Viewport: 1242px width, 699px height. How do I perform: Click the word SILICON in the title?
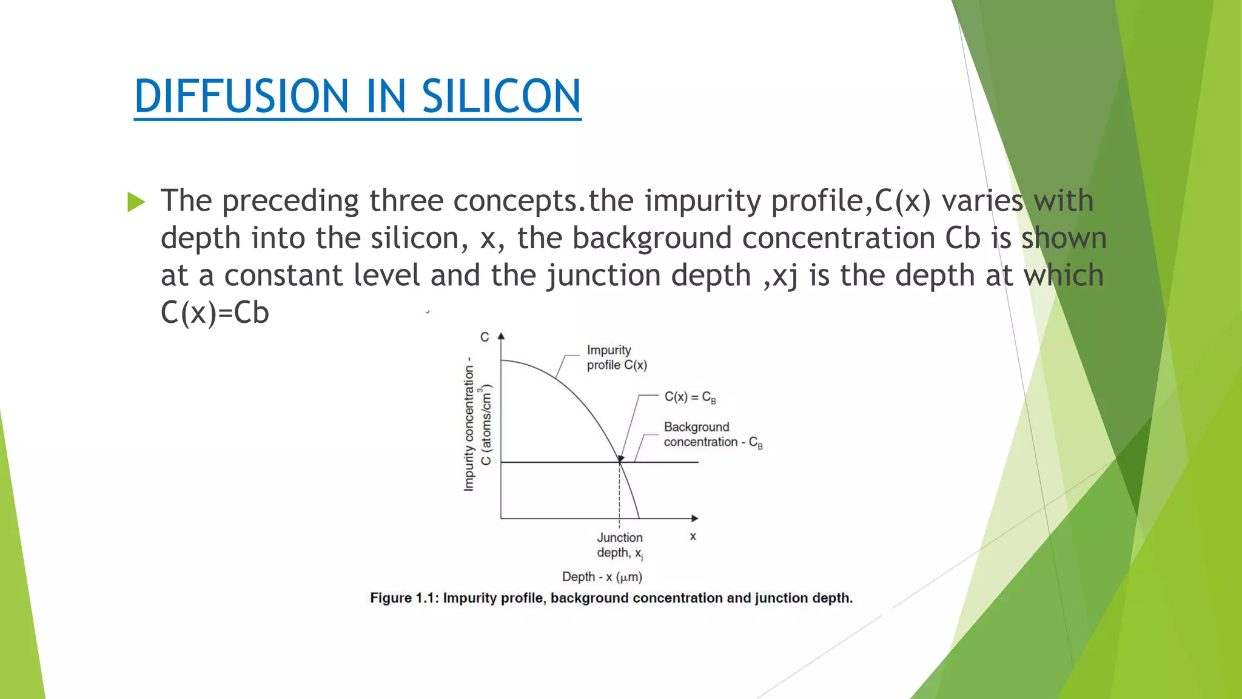pos(501,96)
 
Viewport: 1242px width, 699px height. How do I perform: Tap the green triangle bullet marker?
pos(136,202)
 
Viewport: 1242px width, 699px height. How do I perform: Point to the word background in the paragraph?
pos(651,238)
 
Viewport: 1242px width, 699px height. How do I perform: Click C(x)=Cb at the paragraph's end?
pos(215,313)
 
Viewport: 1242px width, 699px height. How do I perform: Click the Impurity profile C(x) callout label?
pos(616,357)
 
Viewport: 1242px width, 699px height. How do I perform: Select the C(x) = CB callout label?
pos(690,397)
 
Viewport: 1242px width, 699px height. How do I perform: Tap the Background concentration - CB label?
pos(712,434)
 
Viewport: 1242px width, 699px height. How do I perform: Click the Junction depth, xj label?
pos(619,545)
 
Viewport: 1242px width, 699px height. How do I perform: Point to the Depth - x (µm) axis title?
pos(602,576)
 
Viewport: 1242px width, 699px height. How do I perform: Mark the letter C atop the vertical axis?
pos(485,337)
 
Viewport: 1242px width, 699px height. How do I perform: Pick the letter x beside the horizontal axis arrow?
pos(693,536)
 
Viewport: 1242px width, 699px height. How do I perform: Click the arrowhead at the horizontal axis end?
pos(695,518)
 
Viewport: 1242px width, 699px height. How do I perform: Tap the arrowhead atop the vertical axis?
pos(501,336)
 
